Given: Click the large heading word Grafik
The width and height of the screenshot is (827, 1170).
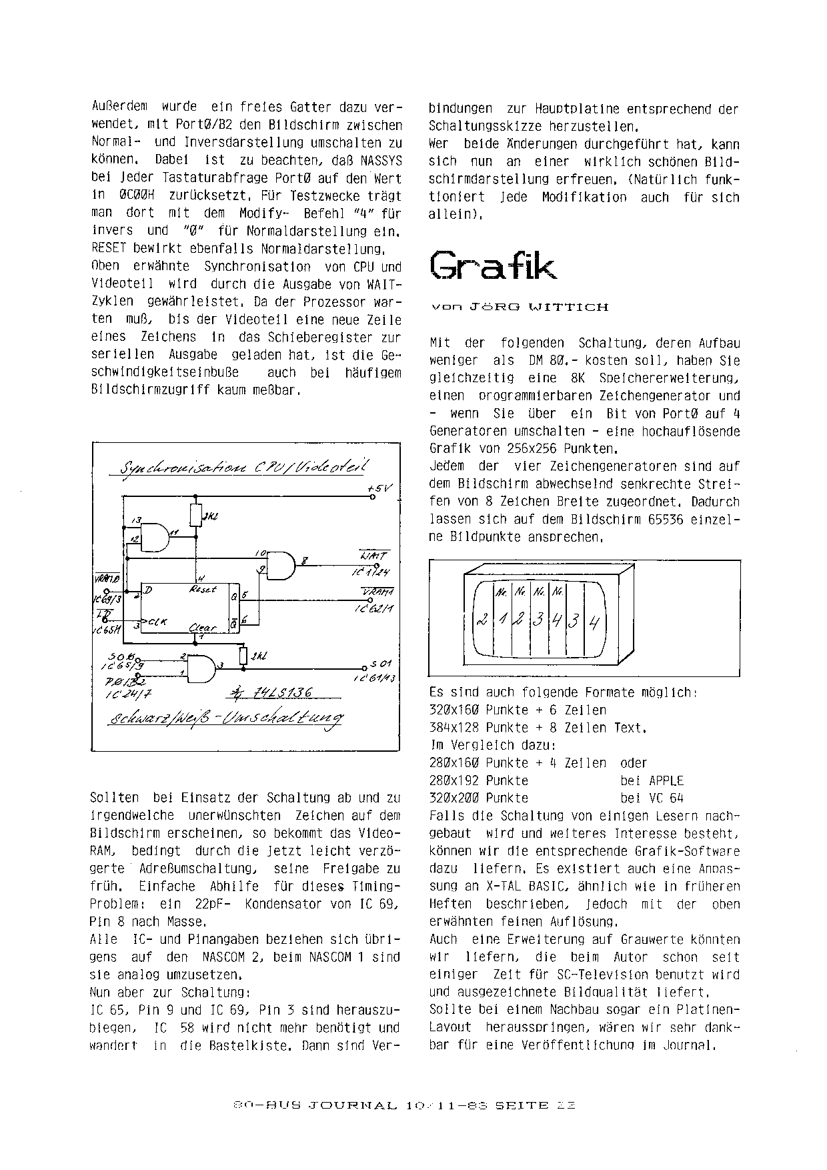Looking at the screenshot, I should click(x=493, y=265).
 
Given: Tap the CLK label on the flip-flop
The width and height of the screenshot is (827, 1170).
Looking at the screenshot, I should click(x=157, y=622).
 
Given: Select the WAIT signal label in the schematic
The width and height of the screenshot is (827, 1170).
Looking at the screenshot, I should click(x=374, y=556).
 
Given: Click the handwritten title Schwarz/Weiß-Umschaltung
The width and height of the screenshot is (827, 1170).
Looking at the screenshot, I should click(x=227, y=718).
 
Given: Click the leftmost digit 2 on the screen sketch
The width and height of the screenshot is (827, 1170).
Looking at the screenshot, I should click(x=480, y=620).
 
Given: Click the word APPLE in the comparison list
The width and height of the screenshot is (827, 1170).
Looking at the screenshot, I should click(x=666, y=780).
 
